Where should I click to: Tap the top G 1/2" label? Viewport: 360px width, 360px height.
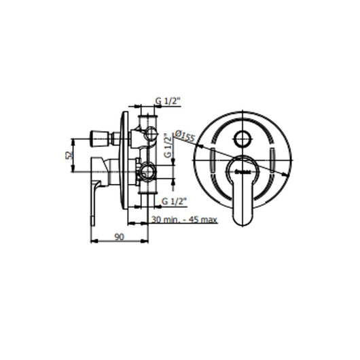click(x=166, y=101)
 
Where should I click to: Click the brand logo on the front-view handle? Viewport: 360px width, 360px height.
click(x=242, y=170)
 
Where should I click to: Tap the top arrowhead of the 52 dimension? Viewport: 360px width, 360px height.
click(x=77, y=139)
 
